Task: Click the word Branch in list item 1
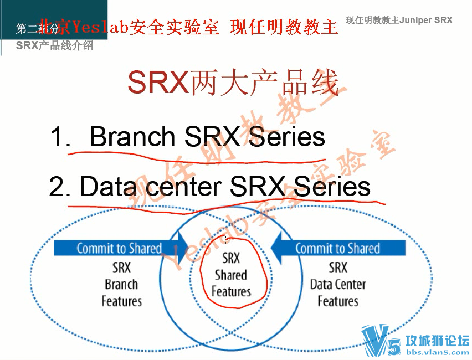pos(132,137)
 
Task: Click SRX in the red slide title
pos(157,84)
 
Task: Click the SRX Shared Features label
pos(231,275)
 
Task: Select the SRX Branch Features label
pos(121,285)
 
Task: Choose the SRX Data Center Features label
pos(338,285)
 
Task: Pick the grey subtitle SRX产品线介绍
pos(54,45)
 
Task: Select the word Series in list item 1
pos(286,137)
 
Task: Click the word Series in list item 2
pos(332,187)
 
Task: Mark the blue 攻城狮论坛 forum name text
pos(437,340)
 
